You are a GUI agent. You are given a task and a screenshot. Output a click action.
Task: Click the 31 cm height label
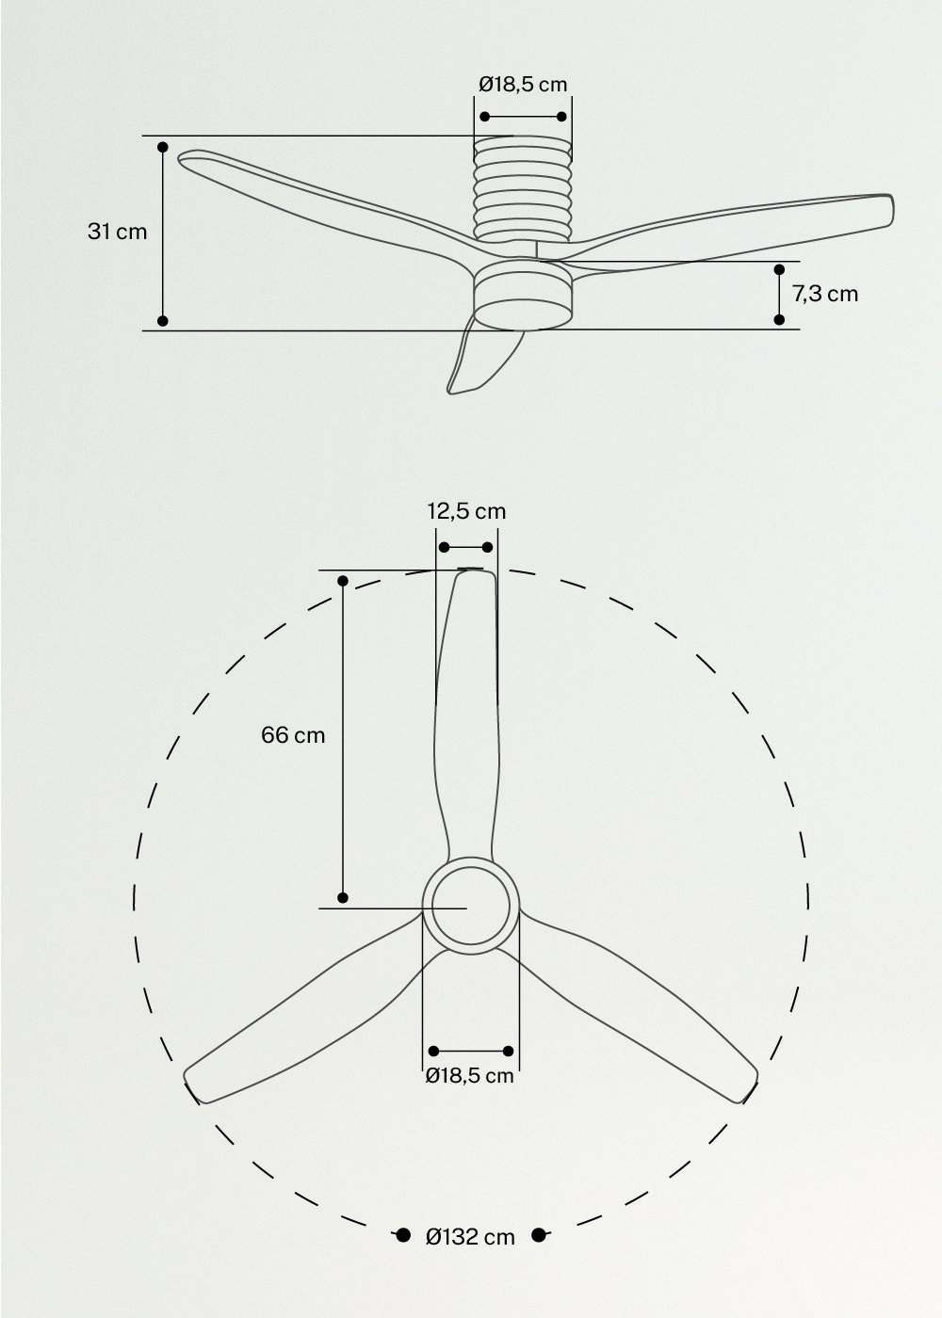point(118,232)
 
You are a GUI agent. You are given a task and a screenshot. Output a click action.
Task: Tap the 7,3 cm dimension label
point(825,294)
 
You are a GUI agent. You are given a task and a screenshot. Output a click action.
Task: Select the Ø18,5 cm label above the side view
point(523,84)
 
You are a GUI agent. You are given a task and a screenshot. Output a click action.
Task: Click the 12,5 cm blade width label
point(466,511)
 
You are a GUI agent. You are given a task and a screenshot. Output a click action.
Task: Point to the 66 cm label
point(293,735)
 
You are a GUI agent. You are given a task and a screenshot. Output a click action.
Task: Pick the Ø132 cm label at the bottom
point(470,1237)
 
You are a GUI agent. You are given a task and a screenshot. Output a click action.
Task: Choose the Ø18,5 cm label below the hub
point(469,1075)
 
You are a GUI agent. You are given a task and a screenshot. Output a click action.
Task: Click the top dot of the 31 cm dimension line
point(163,148)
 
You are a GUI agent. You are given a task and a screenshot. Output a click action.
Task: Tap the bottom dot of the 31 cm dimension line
point(163,321)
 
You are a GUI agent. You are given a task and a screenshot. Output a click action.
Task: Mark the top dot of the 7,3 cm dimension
point(779,270)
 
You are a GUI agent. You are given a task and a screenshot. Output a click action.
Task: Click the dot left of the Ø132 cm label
point(402,1235)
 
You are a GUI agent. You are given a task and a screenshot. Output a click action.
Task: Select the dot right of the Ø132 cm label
point(539,1235)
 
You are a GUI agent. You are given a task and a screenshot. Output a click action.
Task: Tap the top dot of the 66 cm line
point(343,581)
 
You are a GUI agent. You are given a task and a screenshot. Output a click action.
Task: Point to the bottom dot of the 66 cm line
point(343,897)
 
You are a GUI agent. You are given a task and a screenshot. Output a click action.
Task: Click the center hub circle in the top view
point(468,907)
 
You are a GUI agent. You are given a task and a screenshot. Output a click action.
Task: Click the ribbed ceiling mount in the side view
point(523,188)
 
